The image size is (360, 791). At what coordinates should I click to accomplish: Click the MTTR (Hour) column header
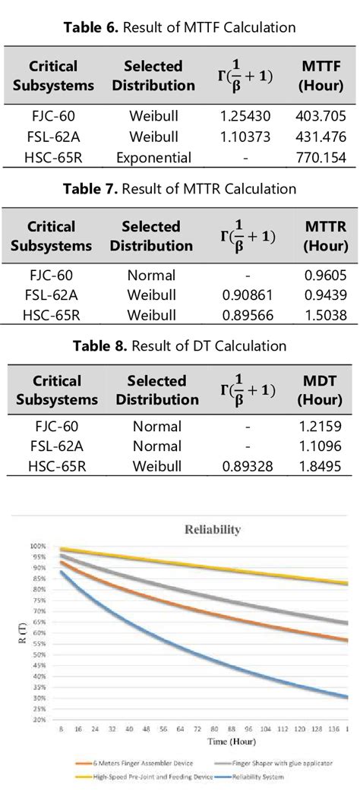point(324,236)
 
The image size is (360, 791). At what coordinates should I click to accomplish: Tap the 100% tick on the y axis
point(36,546)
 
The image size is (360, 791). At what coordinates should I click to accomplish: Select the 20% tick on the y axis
point(36,720)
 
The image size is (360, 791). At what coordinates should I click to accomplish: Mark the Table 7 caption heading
point(179,189)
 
